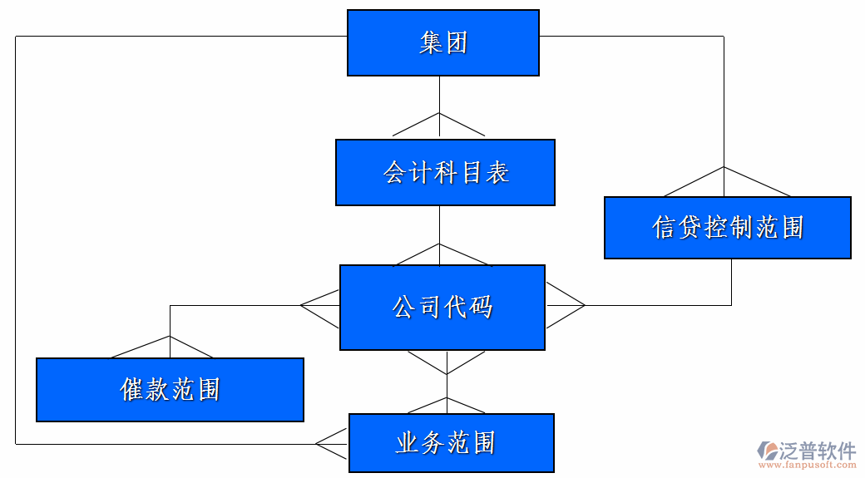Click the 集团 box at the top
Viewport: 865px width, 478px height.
point(442,43)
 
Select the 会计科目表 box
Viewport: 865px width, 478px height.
point(445,172)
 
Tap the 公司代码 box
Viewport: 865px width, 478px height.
point(442,307)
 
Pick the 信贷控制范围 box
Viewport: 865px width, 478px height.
point(727,227)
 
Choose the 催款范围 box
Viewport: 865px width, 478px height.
point(170,389)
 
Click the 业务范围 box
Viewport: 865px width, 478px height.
point(451,442)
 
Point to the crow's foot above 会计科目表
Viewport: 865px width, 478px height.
point(438,126)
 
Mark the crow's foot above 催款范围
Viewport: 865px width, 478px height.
point(170,347)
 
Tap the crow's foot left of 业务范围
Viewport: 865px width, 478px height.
point(332,444)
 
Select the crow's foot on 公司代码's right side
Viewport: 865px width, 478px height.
point(566,305)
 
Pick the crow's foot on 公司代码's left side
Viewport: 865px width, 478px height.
point(320,305)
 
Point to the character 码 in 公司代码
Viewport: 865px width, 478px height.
point(481,307)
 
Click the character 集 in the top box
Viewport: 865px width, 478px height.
point(430,43)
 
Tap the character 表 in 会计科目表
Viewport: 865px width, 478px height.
point(497,172)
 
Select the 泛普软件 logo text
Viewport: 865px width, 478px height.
point(818,451)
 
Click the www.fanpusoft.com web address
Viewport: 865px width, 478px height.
point(811,466)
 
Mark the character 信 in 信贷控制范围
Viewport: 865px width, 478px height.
point(664,227)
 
